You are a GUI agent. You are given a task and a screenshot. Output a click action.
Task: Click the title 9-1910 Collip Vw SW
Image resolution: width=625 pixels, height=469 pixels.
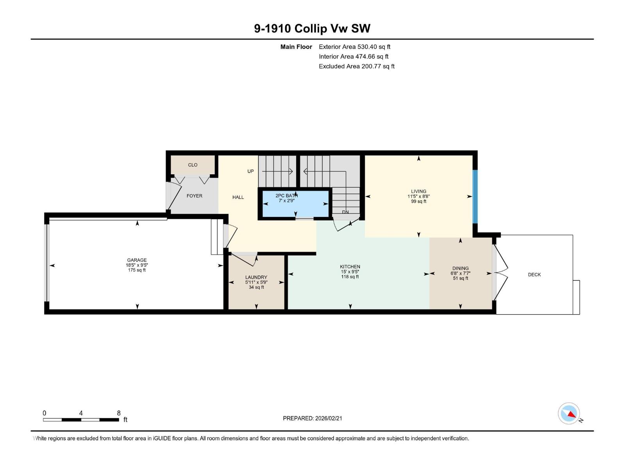click(x=312, y=29)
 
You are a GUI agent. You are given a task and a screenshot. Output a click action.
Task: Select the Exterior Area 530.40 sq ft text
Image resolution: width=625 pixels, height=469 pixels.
click(x=354, y=47)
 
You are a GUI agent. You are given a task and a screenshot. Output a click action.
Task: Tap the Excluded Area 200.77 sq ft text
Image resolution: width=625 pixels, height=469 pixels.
click(x=356, y=66)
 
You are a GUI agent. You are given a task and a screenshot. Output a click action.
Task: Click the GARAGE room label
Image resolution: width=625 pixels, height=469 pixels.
click(x=137, y=260)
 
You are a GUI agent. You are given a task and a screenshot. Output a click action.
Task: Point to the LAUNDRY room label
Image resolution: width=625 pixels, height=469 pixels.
click(x=256, y=277)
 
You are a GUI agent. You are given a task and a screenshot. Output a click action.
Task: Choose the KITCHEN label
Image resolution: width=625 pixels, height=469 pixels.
click(x=350, y=267)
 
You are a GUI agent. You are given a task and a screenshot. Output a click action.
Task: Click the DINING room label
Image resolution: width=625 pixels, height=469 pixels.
click(x=460, y=269)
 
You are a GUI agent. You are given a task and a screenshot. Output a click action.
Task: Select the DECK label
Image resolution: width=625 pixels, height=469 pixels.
click(x=534, y=275)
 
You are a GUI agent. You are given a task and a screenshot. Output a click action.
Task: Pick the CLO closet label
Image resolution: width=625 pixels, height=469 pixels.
click(x=193, y=165)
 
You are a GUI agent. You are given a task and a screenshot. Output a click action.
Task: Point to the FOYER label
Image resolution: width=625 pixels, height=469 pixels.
click(x=194, y=196)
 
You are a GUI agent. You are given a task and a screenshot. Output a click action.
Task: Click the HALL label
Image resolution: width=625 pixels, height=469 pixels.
click(x=238, y=197)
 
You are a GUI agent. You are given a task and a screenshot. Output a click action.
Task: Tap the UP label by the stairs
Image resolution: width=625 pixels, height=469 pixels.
click(x=250, y=171)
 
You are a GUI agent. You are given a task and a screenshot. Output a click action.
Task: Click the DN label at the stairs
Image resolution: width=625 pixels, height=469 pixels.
click(x=345, y=212)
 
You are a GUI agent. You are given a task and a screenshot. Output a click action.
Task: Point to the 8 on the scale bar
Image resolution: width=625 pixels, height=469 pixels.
click(x=119, y=413)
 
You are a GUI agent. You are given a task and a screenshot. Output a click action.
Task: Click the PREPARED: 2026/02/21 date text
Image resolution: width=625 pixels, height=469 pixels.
click(x=312, y=418)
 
